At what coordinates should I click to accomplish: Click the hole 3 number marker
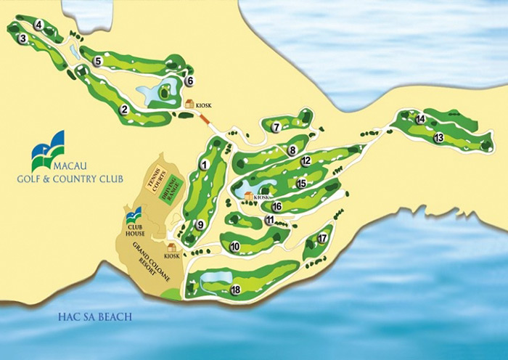[23, 38]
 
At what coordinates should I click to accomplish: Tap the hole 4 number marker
[38, 24]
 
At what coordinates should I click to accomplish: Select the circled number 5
[97, 62]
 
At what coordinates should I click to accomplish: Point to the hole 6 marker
[190, 81]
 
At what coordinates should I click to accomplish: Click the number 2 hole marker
[125, 110]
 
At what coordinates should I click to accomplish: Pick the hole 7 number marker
[276, 128]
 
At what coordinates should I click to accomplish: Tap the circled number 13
[438, 137]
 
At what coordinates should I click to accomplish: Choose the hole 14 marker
[420, 119]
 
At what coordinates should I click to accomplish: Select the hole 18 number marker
[235, 290]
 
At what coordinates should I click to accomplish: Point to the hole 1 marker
[205, 165]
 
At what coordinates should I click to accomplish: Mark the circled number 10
[234, 247]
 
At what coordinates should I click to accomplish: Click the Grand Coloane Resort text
[142, 258]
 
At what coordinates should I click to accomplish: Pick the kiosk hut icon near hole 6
[189, 104]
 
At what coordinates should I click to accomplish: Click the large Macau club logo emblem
[48, 150]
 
